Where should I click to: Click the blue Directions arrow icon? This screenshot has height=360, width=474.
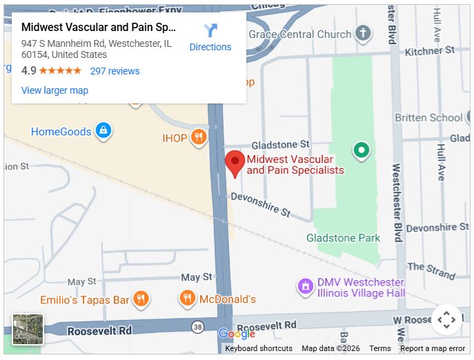pyautogui.click(x=210, y=30)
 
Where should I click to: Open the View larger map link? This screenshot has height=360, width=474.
pyautogui.click(x=55, y=90)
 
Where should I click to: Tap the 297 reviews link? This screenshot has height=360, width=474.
pyautogui.click(x=115, y=71)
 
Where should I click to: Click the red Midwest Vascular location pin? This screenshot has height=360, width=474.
pyautogui.click(x=235, y=163)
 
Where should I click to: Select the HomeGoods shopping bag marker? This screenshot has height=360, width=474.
pyautogui.click(x=103, y=130)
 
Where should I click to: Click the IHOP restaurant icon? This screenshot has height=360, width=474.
pyautogui.click(x=199, y=137)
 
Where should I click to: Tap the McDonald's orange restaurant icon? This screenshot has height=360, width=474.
pyautogui.click(x=187, y=299)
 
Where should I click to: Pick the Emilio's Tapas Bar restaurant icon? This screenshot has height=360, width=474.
pyautogui.click(x=141, y=299)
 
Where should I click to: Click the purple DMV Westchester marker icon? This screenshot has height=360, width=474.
pyautogui.click(x=305, y=286)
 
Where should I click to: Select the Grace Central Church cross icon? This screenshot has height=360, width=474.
pyautogui.click(x=362, y=33)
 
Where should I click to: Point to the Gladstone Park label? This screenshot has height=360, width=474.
pyautogui.click(x=343, y=238)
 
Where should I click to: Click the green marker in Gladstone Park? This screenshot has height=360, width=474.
pyautogui.click(x=360, y=150)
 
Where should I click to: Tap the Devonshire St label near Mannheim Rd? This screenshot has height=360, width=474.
pyautogui.click(x=260, y=203)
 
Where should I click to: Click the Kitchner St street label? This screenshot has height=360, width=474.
pyautogui.click(x=429, y=50)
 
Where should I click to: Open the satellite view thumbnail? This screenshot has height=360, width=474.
pyautogui.click(x=28, y=329)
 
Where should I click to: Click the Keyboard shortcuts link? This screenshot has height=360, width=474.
pyautogui.click(x=259, y=348)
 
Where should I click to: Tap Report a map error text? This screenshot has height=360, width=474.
pyautogui.click(x=433, y=348)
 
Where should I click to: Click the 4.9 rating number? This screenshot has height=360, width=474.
pyautogui.click(x=28, y=71)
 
